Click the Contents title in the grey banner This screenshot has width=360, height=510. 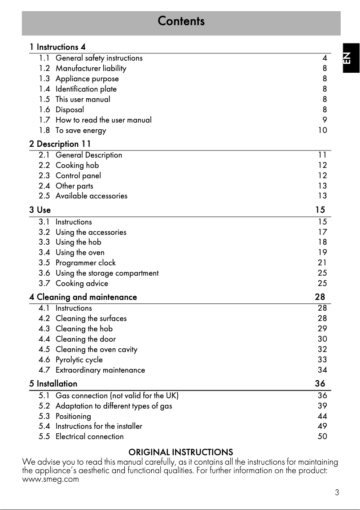pyautogui.click(x=181, y=21)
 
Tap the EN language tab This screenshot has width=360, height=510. pyautogui.click(x=349, y=57)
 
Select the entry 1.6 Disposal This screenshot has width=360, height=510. pyautogui.click(x=70, y=110)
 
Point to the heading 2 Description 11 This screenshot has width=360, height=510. pyautogui.click(x=60, y=144)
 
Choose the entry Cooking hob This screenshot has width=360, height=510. pyautogui.click(x=77, y=165)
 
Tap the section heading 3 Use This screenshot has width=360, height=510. pyautogui.click(x=40, y=210)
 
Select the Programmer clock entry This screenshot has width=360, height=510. pyautogui.click(x=85, y=263)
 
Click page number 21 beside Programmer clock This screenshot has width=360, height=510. pyautogui.click(x=322, y=263)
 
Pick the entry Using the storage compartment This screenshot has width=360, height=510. pyautogui.click(x=107, y=273)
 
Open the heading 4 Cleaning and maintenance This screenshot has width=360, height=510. pyautogui.click(x=83, y=297)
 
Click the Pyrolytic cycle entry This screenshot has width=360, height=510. pyautogui.click(x=79, y=360)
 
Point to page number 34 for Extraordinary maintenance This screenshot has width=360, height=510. pyautogui.click(x=322, y=370)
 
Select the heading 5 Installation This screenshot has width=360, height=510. pyautogui.click(x=53, y=384)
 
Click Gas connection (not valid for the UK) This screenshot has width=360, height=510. pyautogui.click(x=117, y=396)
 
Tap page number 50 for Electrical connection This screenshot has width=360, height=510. pyautogui.click(x=322, y=436)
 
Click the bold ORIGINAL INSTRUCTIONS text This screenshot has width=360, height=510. pyautogui.click(x=181, y=452)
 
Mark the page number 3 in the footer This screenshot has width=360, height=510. pyautogui.click(x=337, y=492)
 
